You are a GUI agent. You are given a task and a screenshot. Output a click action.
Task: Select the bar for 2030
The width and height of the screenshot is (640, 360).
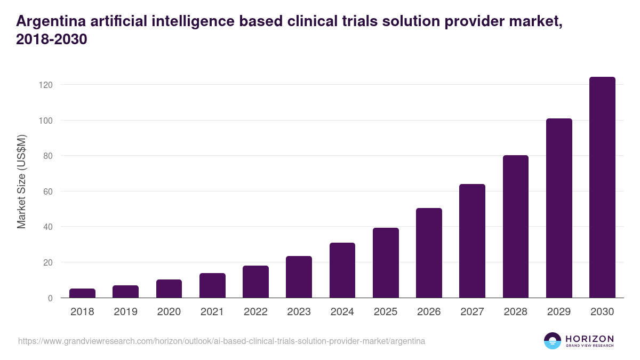click(x=602, y=187)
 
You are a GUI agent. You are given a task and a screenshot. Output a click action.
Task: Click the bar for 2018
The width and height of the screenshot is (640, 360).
click(x=82, y=293)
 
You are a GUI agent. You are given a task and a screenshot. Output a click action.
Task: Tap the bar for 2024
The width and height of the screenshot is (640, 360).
click(x=342, y=270)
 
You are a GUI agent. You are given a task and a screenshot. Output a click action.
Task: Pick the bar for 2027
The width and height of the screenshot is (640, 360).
click(x=472, y=241)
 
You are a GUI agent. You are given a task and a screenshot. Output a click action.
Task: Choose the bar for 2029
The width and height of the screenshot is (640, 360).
click(x=559, y=208)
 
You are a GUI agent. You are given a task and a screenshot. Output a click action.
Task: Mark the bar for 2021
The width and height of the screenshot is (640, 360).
click(x=212, y=285)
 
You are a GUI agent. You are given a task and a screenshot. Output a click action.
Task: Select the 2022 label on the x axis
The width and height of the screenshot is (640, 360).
click(x=255, y=312)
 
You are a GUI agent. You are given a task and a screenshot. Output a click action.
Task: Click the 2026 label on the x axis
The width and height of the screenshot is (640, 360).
click(x=429, y=312)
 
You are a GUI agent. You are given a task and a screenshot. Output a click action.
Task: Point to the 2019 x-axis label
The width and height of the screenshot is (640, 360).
click(x=125, y=312)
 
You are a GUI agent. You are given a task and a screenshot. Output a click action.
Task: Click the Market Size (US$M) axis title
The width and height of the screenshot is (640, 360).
click(x=21, y=181)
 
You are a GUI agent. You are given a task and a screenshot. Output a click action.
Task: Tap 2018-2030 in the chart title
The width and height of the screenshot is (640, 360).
click(x=52, y=39)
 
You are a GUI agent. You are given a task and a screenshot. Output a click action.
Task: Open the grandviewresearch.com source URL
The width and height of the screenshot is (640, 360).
click(x=221, y=341)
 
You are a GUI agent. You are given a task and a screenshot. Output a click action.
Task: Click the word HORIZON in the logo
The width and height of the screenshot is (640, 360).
click(x=589, y=338)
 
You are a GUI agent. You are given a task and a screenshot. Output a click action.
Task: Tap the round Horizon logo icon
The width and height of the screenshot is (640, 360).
click(x=552, y=341)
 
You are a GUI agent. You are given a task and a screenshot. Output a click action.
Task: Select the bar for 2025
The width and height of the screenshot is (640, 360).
click(x=386, y=262)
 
